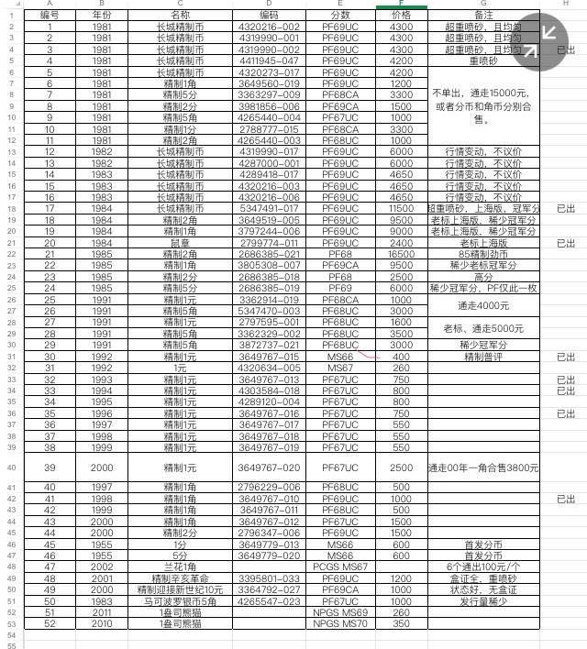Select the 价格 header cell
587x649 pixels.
tap(401, 16)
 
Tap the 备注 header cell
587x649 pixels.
tap(483, 16)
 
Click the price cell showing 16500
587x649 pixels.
tap(401, 254)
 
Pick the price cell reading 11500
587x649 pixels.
tap(401, 209)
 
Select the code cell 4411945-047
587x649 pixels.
tap(269, 60)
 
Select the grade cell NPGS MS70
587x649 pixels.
tap(339, 623)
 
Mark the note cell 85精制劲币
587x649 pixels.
tap(483, 254)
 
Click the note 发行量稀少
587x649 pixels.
tap(483, 601)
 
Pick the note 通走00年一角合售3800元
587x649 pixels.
tap(483, 467)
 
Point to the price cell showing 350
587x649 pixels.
tap(401, 623)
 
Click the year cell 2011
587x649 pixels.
tap(103, 612)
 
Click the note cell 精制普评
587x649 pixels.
tap(483, 357)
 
